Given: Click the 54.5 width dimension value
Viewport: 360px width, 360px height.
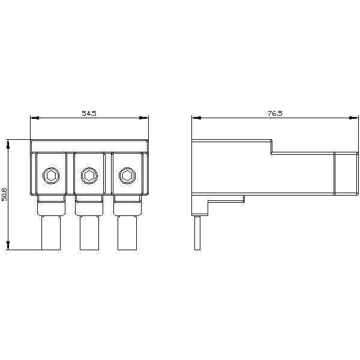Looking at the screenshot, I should pos(89,113).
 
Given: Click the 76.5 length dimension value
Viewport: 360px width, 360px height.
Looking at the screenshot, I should pos(275,113).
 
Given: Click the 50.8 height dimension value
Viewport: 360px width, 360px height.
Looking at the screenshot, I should pos(4,195).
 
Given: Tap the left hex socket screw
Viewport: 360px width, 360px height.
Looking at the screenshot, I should pos(51,175).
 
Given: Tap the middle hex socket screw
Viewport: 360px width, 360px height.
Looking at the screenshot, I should pos(89,175).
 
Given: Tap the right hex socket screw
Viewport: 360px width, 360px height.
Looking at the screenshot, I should pos(127,175).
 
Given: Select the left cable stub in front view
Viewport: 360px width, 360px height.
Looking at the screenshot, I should pos(51,233).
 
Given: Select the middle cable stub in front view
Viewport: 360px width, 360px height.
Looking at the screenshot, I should pos(89,233).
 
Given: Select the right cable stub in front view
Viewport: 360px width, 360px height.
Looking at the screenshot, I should pos(127,233).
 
